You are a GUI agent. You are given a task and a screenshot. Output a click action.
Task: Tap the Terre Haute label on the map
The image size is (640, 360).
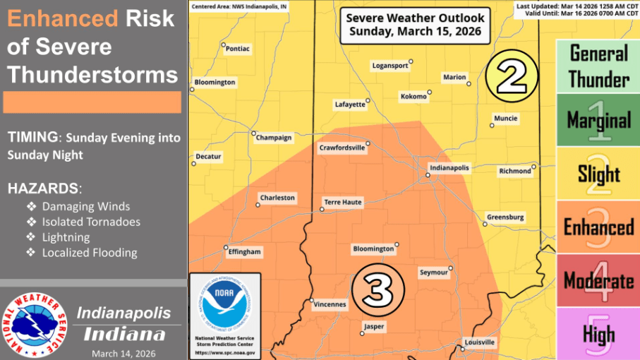tap(342, 202)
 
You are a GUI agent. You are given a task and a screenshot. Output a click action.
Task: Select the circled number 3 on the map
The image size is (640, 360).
tap(378, 287)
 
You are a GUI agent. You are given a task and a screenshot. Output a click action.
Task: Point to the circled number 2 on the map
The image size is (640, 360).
tap(512, 75)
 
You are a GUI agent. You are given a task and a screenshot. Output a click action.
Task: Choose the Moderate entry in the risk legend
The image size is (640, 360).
tap(598, 281)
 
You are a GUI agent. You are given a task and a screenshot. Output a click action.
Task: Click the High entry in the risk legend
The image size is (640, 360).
tap(598, 333)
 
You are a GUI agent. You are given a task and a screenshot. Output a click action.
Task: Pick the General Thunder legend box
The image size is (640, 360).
tap(598, 66)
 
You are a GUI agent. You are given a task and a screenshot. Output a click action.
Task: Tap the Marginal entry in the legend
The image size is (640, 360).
tap(598, 120)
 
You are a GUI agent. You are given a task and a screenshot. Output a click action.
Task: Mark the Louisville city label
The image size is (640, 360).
tap(479, 342)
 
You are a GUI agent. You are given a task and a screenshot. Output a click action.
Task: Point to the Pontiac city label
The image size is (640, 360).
tap(237, 49)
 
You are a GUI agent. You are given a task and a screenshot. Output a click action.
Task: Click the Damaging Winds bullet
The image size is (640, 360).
tap(85, 207)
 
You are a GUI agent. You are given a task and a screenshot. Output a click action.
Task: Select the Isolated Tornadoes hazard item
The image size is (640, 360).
tap(91, 222)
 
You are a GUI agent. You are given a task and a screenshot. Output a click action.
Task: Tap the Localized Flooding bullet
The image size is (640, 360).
tap(90, 253)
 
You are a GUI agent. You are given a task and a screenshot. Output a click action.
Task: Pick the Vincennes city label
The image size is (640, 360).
tap(329, 305)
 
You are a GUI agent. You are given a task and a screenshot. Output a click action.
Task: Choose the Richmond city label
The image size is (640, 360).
tap(515, 171)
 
